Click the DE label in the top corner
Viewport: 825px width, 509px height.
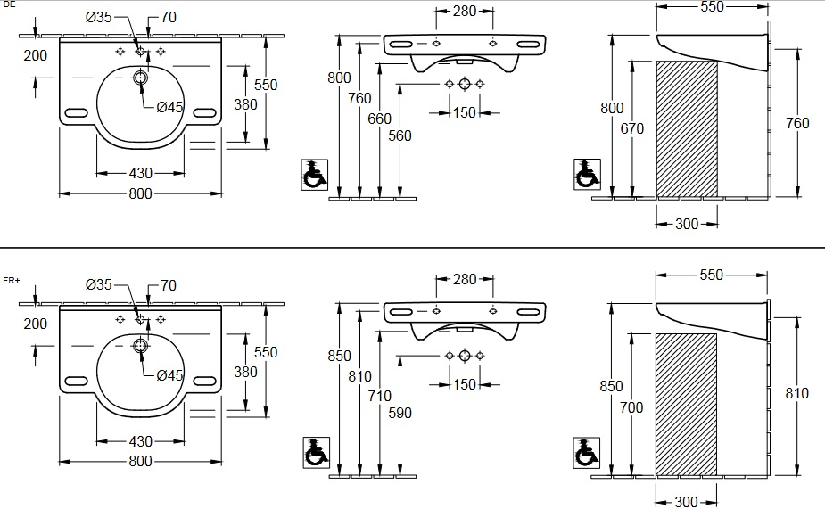point(9,5)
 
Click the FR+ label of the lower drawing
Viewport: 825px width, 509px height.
point(12,280)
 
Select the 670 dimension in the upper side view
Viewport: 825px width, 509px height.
point(632,128)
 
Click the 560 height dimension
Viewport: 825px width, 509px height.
point(400,135)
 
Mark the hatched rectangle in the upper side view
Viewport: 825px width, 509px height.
point(687,128)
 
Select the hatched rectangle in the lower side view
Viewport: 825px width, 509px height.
point(687,403)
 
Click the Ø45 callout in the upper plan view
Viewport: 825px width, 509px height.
point(169,107)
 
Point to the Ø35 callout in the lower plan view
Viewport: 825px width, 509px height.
point(99,285)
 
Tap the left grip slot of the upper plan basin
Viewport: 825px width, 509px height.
point(76,113)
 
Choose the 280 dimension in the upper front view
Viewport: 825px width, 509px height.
point(464,12)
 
